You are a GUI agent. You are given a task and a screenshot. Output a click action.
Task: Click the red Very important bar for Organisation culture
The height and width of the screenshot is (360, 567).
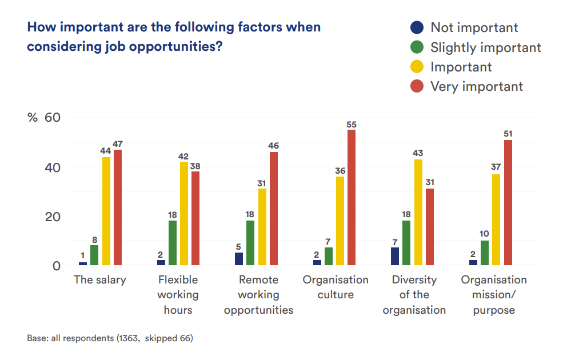tap(352, 198)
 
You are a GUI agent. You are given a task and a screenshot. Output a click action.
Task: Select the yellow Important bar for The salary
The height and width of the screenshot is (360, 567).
tap(106, 211)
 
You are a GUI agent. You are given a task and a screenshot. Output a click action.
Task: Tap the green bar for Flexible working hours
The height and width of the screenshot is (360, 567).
tap(173, 243)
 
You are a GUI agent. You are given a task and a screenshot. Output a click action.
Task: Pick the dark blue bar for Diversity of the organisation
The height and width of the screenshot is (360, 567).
tap(395, 257)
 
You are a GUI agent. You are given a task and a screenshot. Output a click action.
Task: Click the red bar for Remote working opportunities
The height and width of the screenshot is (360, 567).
tap(274, 209)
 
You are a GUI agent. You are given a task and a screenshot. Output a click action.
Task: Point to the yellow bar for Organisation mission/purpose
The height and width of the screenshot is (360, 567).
tap(496, 220)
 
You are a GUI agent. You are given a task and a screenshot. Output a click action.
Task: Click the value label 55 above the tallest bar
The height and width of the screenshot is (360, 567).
tap(352, 124)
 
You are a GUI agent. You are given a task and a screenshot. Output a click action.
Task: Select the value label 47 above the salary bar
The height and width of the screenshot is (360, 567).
tap(118, 143)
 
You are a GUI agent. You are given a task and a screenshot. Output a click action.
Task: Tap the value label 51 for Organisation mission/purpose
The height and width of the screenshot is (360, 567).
tap(508, 134)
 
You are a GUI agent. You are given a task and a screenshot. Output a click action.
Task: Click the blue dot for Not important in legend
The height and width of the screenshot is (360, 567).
tap(417, 27)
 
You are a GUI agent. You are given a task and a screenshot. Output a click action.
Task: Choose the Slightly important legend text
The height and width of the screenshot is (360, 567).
tap(485, 47)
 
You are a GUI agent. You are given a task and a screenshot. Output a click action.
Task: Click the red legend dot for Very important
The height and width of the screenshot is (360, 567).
tap(417, 86)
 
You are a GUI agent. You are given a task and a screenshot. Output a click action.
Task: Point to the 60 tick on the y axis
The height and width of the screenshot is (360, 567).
tap(53, 118)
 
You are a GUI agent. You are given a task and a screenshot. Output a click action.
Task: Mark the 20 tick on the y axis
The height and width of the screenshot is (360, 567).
tap(53, 217)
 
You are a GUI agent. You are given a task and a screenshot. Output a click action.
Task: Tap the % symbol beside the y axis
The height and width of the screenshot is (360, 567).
tap(33, 118)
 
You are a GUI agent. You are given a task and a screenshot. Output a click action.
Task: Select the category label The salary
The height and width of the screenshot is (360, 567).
tap(100, 280)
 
